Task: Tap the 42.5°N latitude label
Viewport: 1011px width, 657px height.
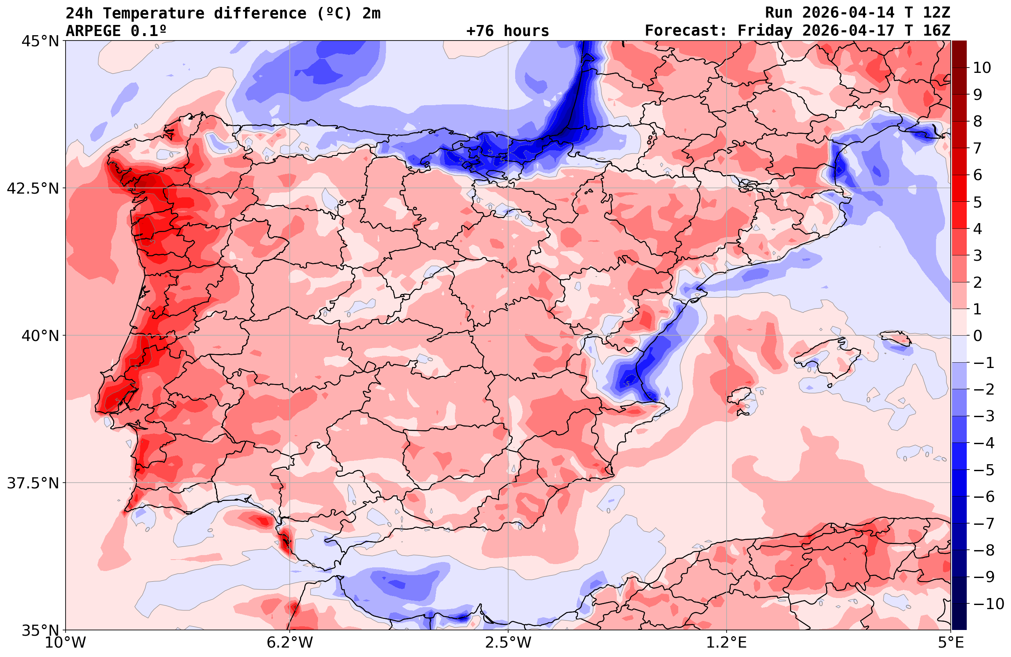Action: coord(33,188)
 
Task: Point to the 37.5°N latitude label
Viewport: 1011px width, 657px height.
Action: coord(33,483)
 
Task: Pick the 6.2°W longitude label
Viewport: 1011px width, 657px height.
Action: coord(290,643)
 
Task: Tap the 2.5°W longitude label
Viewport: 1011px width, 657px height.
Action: coord(508,643)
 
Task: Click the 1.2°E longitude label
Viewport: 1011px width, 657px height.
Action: coord(727,643)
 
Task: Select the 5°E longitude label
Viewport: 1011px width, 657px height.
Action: coord(951,643)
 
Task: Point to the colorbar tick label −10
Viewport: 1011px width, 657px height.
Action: coord(988,603)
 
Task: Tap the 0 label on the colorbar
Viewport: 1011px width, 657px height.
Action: coord(977,336)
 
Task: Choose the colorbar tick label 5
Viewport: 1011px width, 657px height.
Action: coord(977,202)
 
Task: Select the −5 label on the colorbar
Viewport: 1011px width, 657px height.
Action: coord(984,470)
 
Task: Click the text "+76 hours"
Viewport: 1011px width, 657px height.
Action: coord(508,31)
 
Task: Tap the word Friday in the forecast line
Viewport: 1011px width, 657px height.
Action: coord(765,31)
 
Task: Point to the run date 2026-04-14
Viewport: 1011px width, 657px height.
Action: coord(849,13)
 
